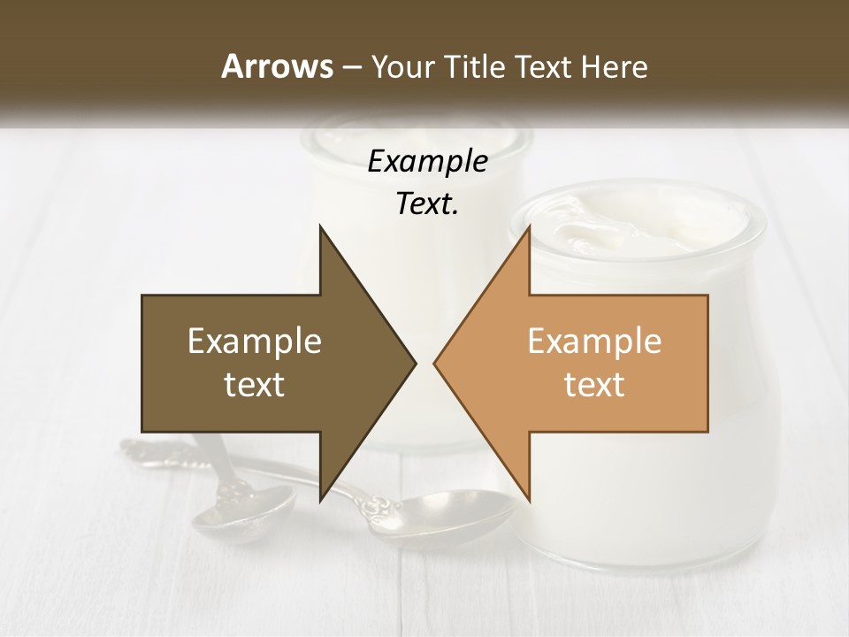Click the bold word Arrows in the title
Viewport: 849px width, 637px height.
pyautogui.click(x=277, y=66)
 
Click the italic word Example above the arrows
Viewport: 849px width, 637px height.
pyautogui.click(x=427, y=161)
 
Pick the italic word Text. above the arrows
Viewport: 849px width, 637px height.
pyautogui.click(x=427, y=203)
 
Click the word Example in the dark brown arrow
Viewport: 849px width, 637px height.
pyautogui.click(x=255, y=342)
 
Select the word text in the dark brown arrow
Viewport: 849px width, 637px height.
pyautogui.click(x=255, y=384)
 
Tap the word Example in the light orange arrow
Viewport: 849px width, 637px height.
pyautogui.click(x=594, y=342)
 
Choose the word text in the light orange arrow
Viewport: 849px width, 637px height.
pyautogui.click(x=594, y=384)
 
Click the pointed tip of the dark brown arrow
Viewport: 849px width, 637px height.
pyautogui.click(x=414, y=364)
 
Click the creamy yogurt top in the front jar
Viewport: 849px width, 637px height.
pyautogui.click(x=637, y=226)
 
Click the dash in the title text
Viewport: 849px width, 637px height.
pyautogui.click(x=351, y=66)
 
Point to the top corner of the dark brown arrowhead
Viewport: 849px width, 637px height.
pyautogui.click(x=320, y=226)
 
